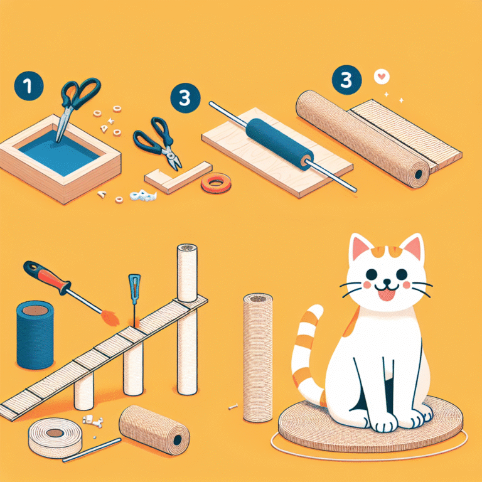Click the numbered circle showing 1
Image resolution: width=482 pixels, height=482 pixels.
pyautogui.click(x=29, y=86)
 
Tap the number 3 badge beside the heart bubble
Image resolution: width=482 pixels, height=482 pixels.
pyautogui.click(x=346, y=80)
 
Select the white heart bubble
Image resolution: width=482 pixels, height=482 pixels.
pyautogui.click(x=382, y=77)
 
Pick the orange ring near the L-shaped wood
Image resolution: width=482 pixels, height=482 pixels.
pyautogui.click(x=216, y=183)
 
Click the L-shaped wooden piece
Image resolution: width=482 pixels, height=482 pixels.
pyautogui.click(x=178, y=178)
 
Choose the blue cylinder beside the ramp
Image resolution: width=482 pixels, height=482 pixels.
pyautogui.click(x=35, y=335)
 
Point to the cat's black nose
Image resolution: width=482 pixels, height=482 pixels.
pyautogui.click(x=387, y=282)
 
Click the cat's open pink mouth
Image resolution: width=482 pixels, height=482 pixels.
pyautogui.click(x=386, y=295)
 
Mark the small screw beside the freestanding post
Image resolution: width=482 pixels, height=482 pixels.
pyautogui.click(x=233, y=407)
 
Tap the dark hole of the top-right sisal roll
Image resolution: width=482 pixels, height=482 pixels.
pyautogui.click(x=419, y=174)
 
